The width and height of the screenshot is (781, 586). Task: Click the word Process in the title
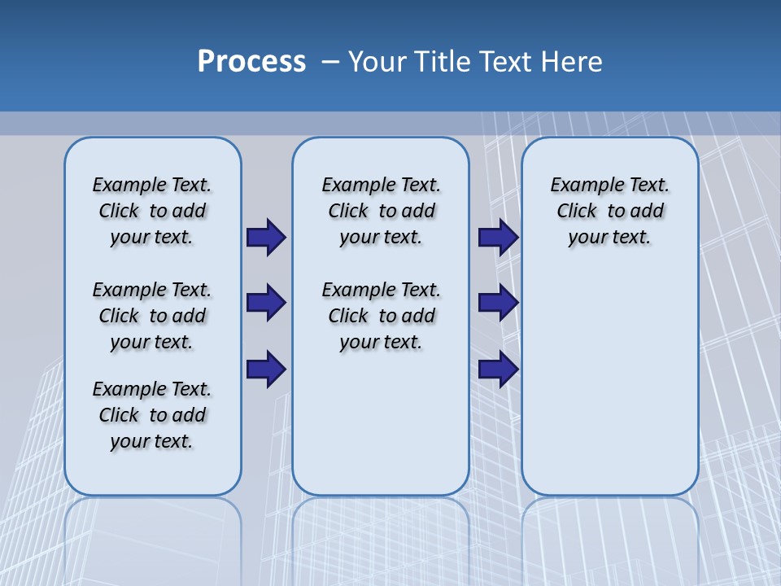click(251, 62)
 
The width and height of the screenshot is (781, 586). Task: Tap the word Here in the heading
click(573, 62)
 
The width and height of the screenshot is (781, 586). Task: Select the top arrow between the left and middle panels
click(266, 238)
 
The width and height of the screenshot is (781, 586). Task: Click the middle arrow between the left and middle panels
click(266, 303)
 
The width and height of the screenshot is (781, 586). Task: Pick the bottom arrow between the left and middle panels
click(266, 369)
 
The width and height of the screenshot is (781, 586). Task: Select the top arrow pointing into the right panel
click(498, 238)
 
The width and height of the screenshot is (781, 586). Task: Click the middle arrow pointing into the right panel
click(498, 303)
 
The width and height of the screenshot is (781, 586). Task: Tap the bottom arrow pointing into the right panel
click(498, 369)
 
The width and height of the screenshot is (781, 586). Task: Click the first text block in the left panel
click(152, 211)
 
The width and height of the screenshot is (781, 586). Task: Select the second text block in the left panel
click(152, 316)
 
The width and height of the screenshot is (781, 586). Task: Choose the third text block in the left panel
click(152, 415)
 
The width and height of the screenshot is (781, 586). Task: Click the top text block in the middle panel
click(381, 211)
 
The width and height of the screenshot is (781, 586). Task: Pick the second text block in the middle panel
click(381, 316)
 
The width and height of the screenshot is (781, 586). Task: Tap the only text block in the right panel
click(609, 211)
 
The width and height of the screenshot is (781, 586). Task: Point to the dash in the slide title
click(330, 62)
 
